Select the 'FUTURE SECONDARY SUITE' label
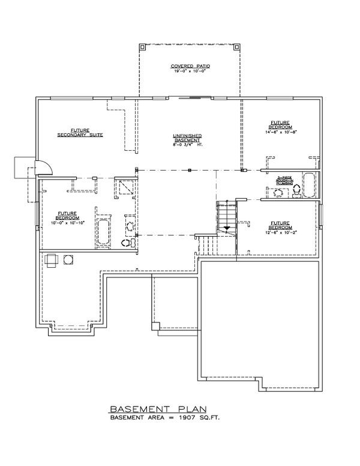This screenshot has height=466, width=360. point(80,133)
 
